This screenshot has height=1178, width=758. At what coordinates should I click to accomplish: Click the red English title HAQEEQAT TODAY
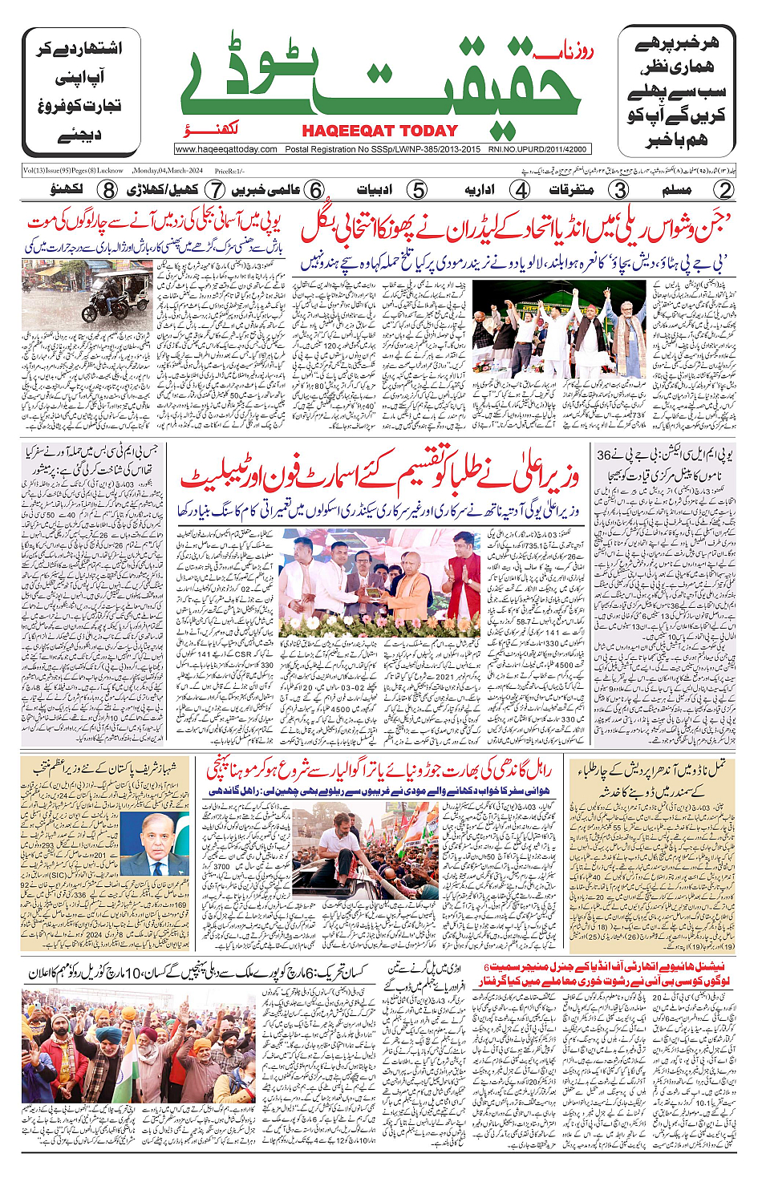pyautogui.click(x=379, y=131)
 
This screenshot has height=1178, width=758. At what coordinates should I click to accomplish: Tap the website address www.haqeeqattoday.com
pyautogui.click(x=226, y=149)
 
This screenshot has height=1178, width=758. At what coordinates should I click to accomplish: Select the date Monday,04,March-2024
pyautogui.click(x=168, y=171)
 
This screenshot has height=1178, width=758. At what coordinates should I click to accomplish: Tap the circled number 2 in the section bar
pyautogui.click(x=724, y=190)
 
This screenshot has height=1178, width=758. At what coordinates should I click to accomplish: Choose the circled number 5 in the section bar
pyautogui.click(x=417, y=190)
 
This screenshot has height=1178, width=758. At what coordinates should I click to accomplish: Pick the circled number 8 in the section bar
pyautogui.click(x=107, y=190)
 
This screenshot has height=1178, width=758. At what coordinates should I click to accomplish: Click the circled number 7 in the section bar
pyautogui.click(x=215, y=190)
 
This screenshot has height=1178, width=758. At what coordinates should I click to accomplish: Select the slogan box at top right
pyautogui.click(x=676, y=91)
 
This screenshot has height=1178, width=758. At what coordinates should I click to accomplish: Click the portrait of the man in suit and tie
pyautogui.click(x=152, y=846)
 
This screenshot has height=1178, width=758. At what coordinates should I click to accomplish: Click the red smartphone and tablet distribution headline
pyautogui.click(x=379, y=478)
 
